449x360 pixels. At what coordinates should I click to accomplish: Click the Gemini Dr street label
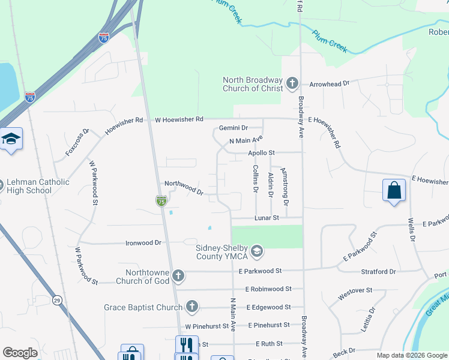[x=233, y=128]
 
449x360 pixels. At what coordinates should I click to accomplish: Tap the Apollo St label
[x=261, y=154]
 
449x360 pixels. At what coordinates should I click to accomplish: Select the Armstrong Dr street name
[x=286, y=187]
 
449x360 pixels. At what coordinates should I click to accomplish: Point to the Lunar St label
[x=267, y=218]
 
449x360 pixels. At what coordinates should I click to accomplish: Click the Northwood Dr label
[x=184, y=188]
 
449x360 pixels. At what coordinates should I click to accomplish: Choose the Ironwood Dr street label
[x=143, y=243]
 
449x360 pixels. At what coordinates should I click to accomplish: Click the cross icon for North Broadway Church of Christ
[x=292, y=83]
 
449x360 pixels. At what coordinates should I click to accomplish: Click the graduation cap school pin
[x=11, y=139]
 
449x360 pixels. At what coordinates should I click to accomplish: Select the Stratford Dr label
[x=378, y=271]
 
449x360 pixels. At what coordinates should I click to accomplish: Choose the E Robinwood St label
[x=268, y=289]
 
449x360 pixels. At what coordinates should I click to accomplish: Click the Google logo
[x=20, y=353]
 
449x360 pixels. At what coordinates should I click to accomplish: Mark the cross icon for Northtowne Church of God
[x=178, y=276]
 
